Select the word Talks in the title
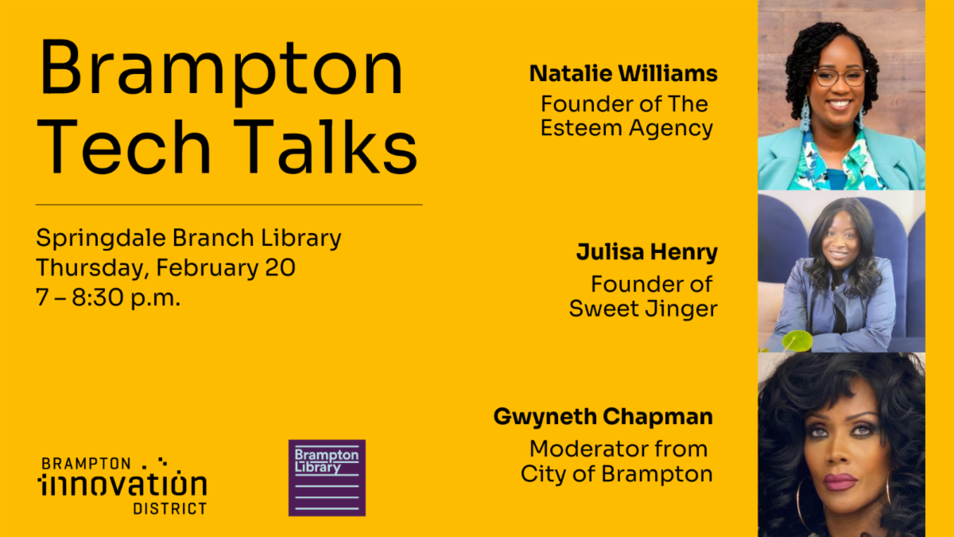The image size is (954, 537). point(325,147)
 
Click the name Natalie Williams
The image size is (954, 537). point(623,73)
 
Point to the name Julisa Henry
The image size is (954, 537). point(647,252)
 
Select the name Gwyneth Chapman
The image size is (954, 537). point(603,416)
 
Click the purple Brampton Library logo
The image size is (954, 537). point(327,478)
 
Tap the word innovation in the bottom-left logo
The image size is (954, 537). point(122,484)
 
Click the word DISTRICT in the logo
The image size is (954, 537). point(170,508)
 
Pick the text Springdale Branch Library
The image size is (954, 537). point(188,238)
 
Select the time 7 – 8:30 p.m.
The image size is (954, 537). point(109,298)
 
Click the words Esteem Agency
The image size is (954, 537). point(626,128)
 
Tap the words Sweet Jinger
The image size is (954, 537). point(643,309)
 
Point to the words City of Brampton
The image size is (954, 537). point(616,474)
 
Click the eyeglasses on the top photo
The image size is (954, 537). point(840,77)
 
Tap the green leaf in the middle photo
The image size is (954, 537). point(797,341)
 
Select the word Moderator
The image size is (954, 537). point(589,449)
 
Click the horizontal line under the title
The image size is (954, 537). point(229,204)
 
